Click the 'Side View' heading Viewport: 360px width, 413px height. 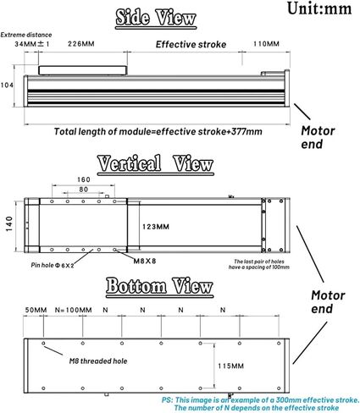155,18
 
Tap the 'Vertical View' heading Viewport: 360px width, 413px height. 155,164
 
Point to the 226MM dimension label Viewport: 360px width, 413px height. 80,43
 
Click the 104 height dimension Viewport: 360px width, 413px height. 8,85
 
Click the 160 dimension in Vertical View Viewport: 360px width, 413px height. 83,179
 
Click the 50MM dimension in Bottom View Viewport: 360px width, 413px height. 36,310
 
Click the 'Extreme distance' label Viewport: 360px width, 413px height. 22,34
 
